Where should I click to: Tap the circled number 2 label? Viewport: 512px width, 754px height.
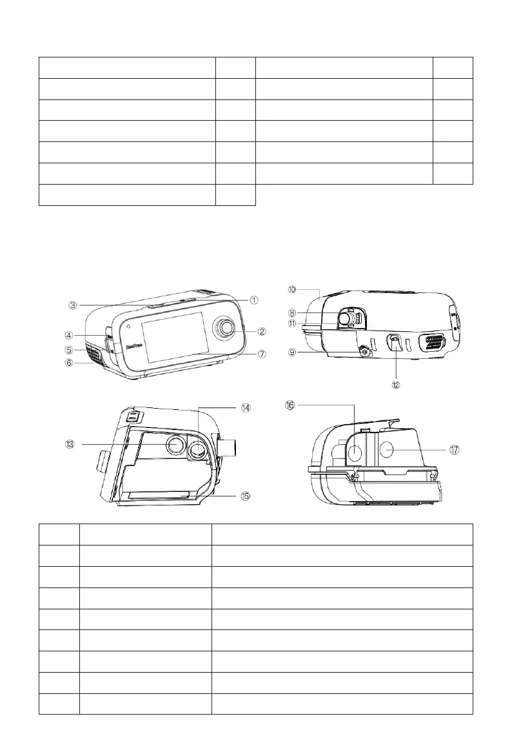(262, 332)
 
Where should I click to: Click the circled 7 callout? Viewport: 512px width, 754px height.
(262, 354)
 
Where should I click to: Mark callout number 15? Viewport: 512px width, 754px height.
(246, 496)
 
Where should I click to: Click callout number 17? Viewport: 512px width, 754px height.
(455, 450)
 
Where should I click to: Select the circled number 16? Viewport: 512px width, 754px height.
(291, 405)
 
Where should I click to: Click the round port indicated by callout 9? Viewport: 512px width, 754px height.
(366, 352)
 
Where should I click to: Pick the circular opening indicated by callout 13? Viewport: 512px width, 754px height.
(174, 444)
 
